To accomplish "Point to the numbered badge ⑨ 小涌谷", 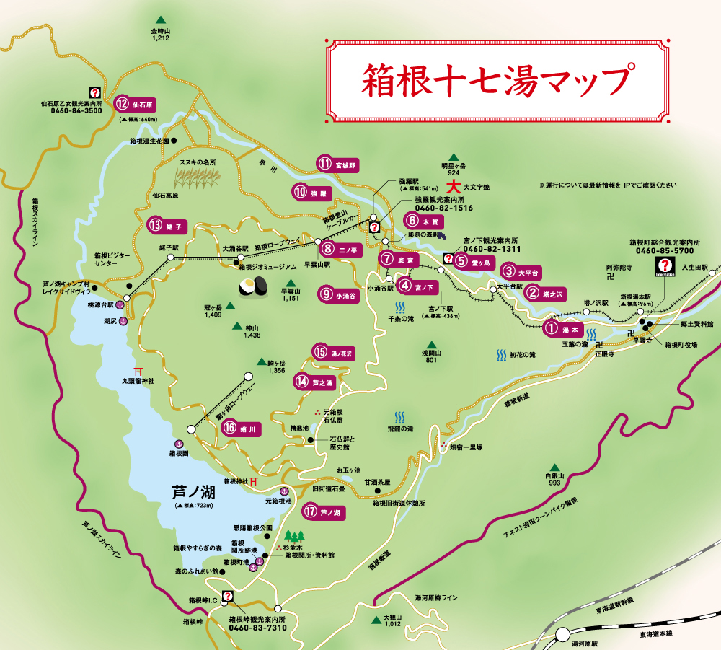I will [x=340, y=294].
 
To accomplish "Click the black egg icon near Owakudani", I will [x=253, y=286].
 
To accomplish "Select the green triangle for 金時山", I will [x=160, y=20].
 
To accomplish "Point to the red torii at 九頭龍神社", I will [x=135, y=369].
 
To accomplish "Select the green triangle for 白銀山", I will [x=553, y=467].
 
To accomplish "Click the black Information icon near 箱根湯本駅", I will [x=665, y=268].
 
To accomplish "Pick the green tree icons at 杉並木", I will [x=294, y=536].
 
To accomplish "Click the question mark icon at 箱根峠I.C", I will [x=228, y=597].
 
